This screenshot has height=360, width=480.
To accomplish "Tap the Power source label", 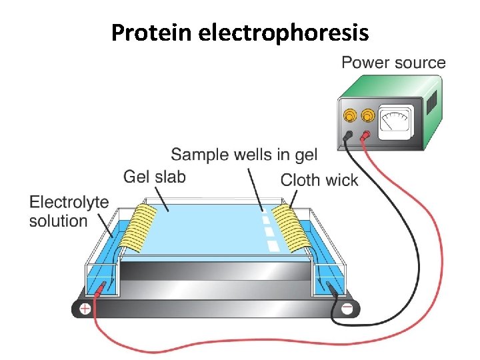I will click(393, 63).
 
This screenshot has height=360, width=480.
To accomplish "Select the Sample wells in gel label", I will click(244, 155).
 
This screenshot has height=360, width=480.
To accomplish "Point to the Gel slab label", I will click(154, 177).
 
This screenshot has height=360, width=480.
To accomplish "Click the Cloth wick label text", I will click(319, 179).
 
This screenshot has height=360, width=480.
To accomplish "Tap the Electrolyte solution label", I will click(69, 211).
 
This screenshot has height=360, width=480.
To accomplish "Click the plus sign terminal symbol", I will click(85, 309).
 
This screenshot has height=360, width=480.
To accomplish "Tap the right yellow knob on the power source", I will click(367, 117).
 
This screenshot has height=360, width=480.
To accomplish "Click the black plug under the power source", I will click(348, 137).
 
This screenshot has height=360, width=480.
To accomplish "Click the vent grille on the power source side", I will click(431, 101).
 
